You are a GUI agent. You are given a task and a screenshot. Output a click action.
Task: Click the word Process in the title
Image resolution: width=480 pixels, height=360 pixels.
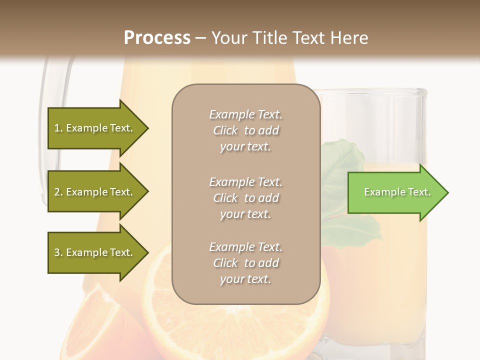pos(157,38)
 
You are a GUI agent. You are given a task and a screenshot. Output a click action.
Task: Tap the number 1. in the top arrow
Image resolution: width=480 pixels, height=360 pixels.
pos(58,128)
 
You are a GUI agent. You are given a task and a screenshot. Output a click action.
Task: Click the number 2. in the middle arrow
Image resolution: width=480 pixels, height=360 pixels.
pos(58,192)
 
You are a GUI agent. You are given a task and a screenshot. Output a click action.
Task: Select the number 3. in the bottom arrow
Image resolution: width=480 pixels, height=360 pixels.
pos(58,252)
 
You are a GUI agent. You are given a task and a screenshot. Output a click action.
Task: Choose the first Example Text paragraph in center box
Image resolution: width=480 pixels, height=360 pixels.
pos(246,130)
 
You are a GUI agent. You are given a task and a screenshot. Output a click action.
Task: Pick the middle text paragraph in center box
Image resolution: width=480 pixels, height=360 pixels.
pos(246,197)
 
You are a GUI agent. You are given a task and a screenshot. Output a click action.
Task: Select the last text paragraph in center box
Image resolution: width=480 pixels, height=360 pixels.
pos(246,262)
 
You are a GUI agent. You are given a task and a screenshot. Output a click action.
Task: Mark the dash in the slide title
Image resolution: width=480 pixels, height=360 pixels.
pos(200,38)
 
